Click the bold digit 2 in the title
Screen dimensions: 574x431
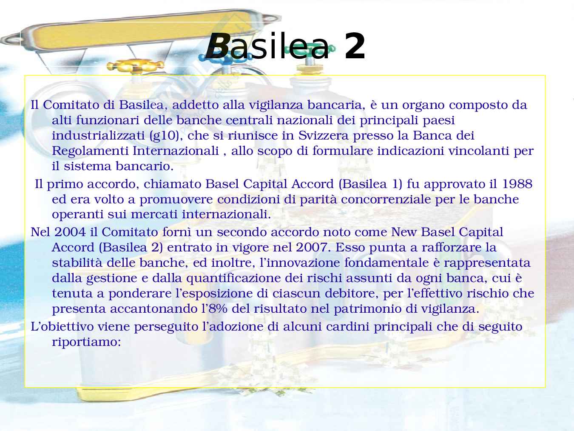(x=355, y=46)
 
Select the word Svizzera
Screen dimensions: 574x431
(x=324, y=136)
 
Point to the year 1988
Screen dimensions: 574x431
(x=517, y=184)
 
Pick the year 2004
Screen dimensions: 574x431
(x=70, y=232)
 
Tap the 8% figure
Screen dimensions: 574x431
(x=218, y=309)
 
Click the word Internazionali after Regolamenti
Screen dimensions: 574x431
(x=176, y=151)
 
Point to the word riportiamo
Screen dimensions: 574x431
(x=86, y=342)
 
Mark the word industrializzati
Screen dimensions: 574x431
(x=98, y=136)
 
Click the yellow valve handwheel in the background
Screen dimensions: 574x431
(x=135, y=66)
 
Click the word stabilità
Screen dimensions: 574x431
(x=77, y=263)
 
